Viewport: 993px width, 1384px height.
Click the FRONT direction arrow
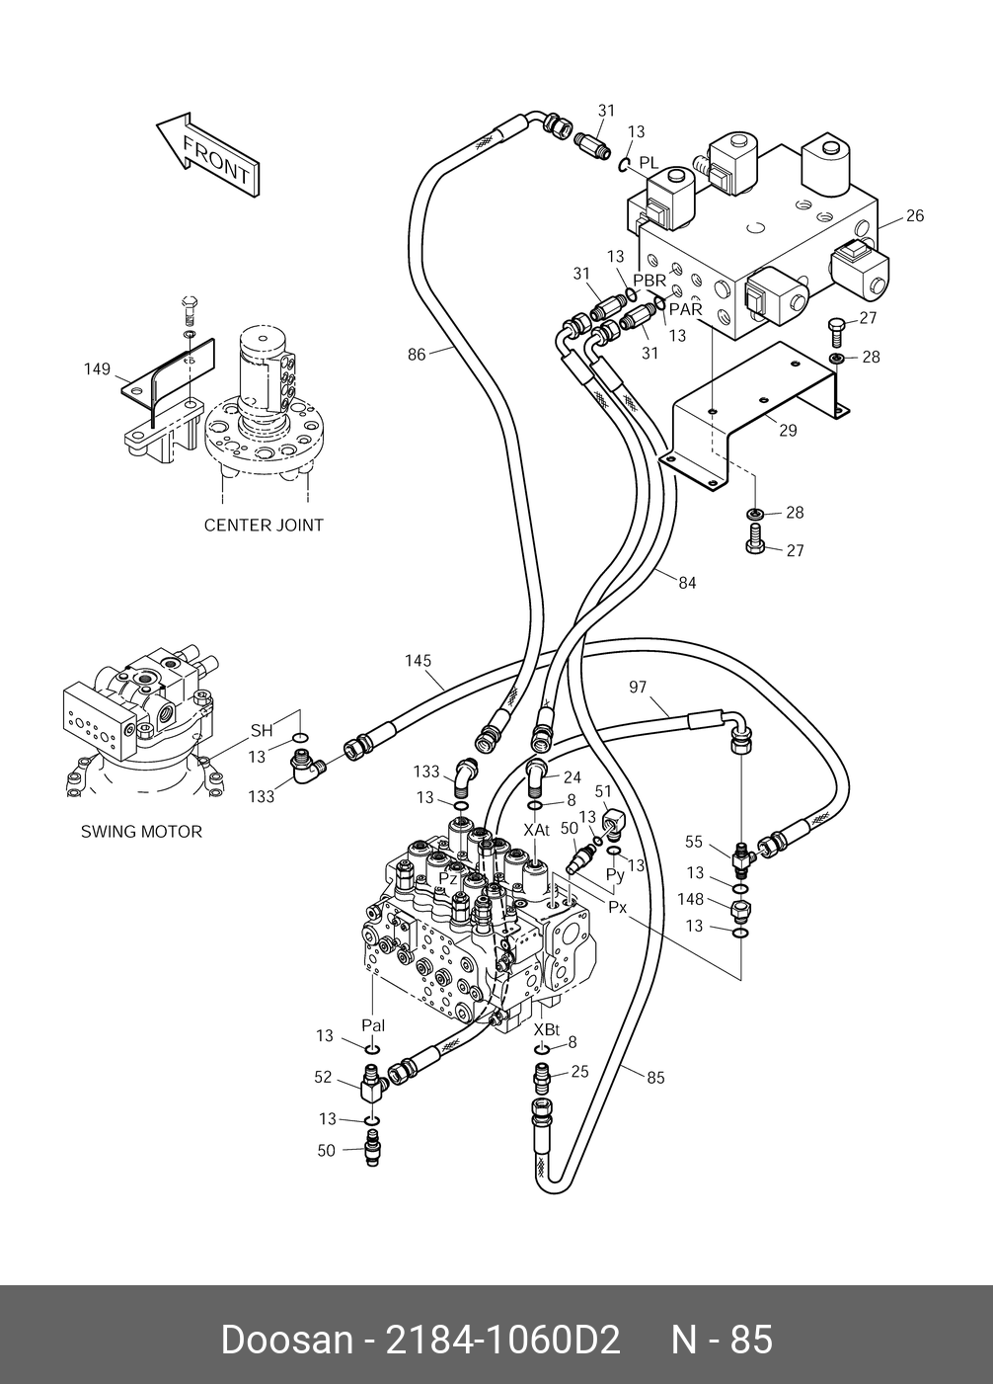coord(207,157)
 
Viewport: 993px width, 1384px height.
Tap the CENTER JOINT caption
coord(264,526)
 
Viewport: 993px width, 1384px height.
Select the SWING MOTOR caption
coord(141,832)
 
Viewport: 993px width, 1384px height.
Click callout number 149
coord(97,368)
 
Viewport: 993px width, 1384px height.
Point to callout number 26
coord(915,215)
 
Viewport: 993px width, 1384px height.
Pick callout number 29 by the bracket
coord(788,430)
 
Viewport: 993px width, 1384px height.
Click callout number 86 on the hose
coord(417,355)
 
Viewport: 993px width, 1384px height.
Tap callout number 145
coord(419,661)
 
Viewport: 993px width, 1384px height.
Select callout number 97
coord(638,687)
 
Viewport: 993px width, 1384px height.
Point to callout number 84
coord(687,583)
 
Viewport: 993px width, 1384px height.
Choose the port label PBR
coord(649,281)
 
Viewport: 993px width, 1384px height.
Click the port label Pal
coord(373,1025)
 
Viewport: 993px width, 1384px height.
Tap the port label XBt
coord(547,1030)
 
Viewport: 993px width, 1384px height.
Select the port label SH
coord(262,730)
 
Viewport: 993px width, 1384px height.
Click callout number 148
coord(690,899)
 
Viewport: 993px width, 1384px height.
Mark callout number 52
coord(323,1077)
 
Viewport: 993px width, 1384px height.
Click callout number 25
coord(579,1071)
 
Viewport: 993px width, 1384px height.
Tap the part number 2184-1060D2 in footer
coord(502,1340)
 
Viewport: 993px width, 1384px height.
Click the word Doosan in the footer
coord(287,1340)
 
